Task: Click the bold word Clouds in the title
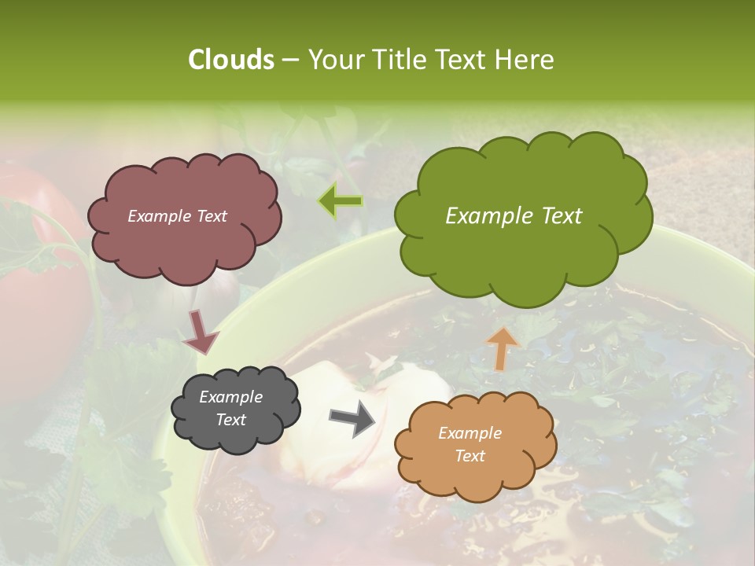coord(231,60)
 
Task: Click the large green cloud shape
coord(523,259)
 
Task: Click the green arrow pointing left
coord(341,202)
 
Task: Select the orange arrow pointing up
coord(503,347)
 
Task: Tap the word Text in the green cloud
coord(562,216)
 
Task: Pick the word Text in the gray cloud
coord(231,420)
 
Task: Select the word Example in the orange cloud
coord(470,433)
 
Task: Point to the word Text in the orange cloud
coord(470,456)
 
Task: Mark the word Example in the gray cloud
coord(231,397)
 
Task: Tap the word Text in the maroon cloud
coord(211,216)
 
